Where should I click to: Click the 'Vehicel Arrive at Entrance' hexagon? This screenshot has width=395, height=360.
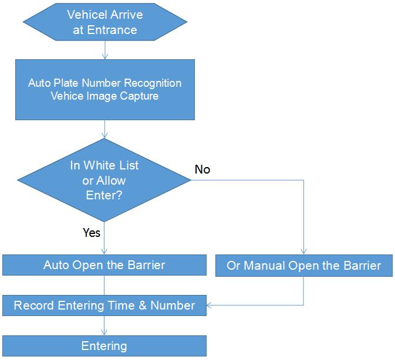coord(105,22)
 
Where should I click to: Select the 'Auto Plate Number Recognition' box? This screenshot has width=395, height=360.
coord(105,90)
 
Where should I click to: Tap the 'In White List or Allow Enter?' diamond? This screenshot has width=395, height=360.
coord(104,180)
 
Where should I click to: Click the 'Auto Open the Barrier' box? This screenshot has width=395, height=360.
coord(104,265)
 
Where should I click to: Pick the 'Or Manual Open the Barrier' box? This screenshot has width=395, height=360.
coord(304,266)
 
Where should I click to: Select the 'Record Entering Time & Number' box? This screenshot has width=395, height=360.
coord(104,305)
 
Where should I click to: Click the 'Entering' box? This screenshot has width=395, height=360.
coord(104,346)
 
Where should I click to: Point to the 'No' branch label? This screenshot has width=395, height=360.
coord(202,169)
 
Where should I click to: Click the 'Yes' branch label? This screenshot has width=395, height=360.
coord(92,232)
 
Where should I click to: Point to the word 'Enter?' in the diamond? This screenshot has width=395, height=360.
coord(104,195)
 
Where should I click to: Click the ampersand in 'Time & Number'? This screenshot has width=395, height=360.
coord(143,305)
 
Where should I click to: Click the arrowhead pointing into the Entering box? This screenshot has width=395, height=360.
coord(104,332)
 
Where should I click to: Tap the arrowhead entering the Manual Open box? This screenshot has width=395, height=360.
coord(303,252)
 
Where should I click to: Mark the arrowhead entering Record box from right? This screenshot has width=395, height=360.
coord(210,305)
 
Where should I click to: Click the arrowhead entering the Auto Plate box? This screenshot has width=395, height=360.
coord(105,56)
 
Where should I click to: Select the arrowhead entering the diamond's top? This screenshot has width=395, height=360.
coord(104,135)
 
